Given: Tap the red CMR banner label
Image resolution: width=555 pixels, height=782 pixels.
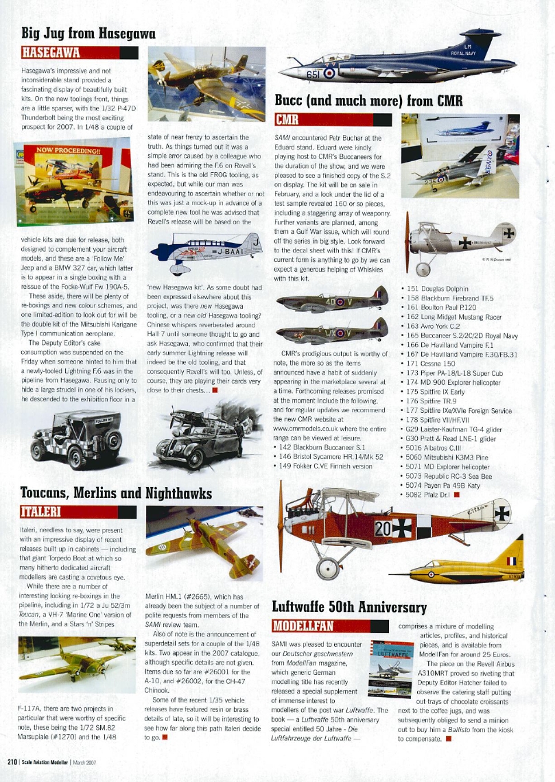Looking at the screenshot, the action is pos(286,121).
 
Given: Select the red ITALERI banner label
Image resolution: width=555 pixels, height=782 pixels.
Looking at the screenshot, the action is pos(47,512).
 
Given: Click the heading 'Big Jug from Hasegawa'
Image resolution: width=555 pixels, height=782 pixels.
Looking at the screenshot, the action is pos(89,32).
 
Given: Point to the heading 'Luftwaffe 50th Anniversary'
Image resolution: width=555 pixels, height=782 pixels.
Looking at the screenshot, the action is pos(349,607).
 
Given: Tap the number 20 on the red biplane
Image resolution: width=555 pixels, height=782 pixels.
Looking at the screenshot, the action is pos(382,528).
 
